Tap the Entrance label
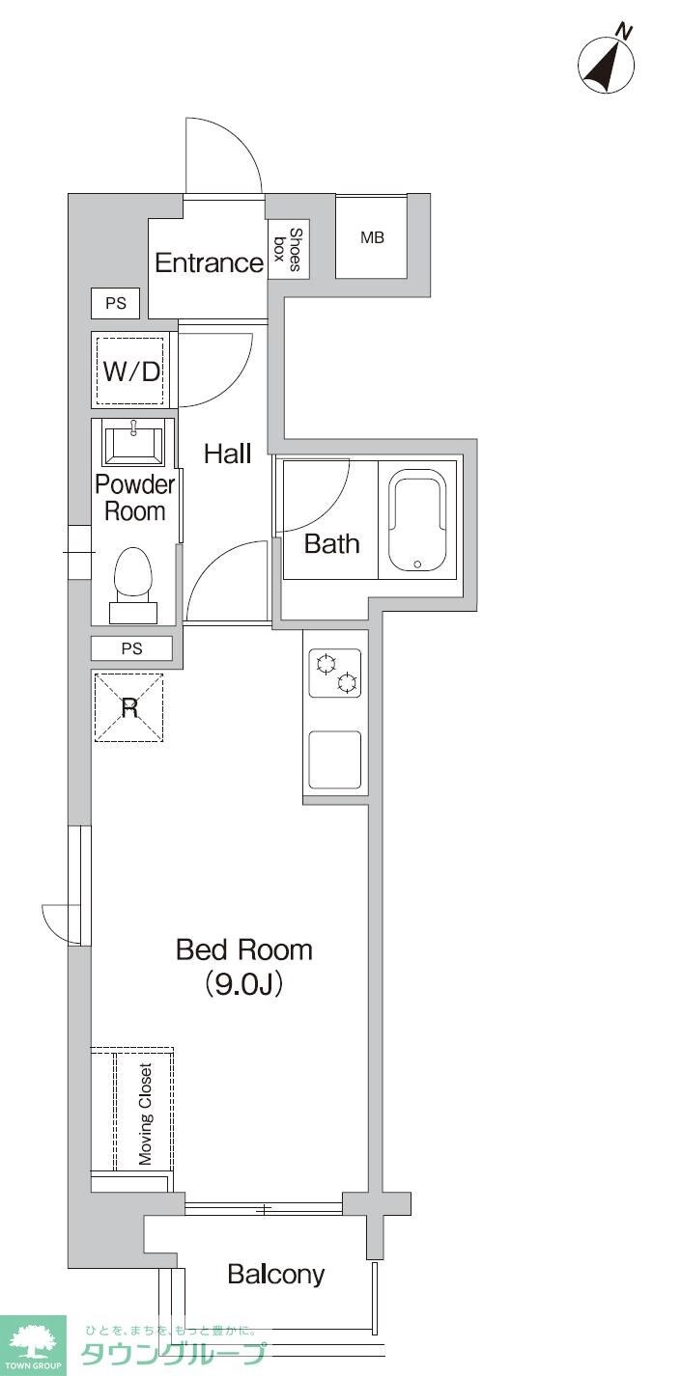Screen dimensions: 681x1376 210,262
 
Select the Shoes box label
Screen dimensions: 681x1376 287,249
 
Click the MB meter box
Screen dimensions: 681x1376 371,237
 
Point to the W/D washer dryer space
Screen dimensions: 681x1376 130,371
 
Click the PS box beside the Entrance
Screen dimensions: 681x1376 116,303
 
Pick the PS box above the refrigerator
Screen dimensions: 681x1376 131,648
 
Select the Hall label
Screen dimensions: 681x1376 227,454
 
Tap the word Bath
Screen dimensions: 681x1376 331,543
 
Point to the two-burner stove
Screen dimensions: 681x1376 334,673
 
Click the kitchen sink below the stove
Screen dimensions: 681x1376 334,759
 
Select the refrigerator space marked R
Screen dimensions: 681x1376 129,708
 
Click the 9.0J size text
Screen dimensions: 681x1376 244,984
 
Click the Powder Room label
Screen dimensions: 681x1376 134,498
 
